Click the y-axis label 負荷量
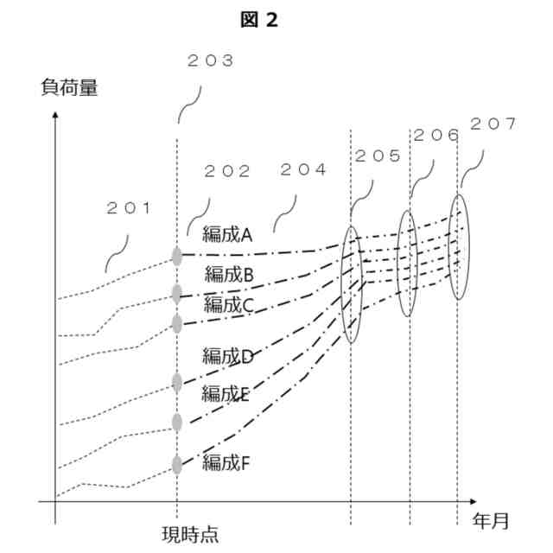coord(69,87)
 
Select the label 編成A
coord(226,233)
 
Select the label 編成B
coord(228,275)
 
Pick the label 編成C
coord(228,304)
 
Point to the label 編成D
coord(226,354)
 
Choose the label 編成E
coord(225,394)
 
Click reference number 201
coord(129,208)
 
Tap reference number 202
coord(226,172)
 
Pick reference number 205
coord(378,156)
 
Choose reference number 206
coord(436,136)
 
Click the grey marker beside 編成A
coord(177,256)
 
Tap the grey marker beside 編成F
coord(177,465)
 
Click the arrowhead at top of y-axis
coord(55,115)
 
